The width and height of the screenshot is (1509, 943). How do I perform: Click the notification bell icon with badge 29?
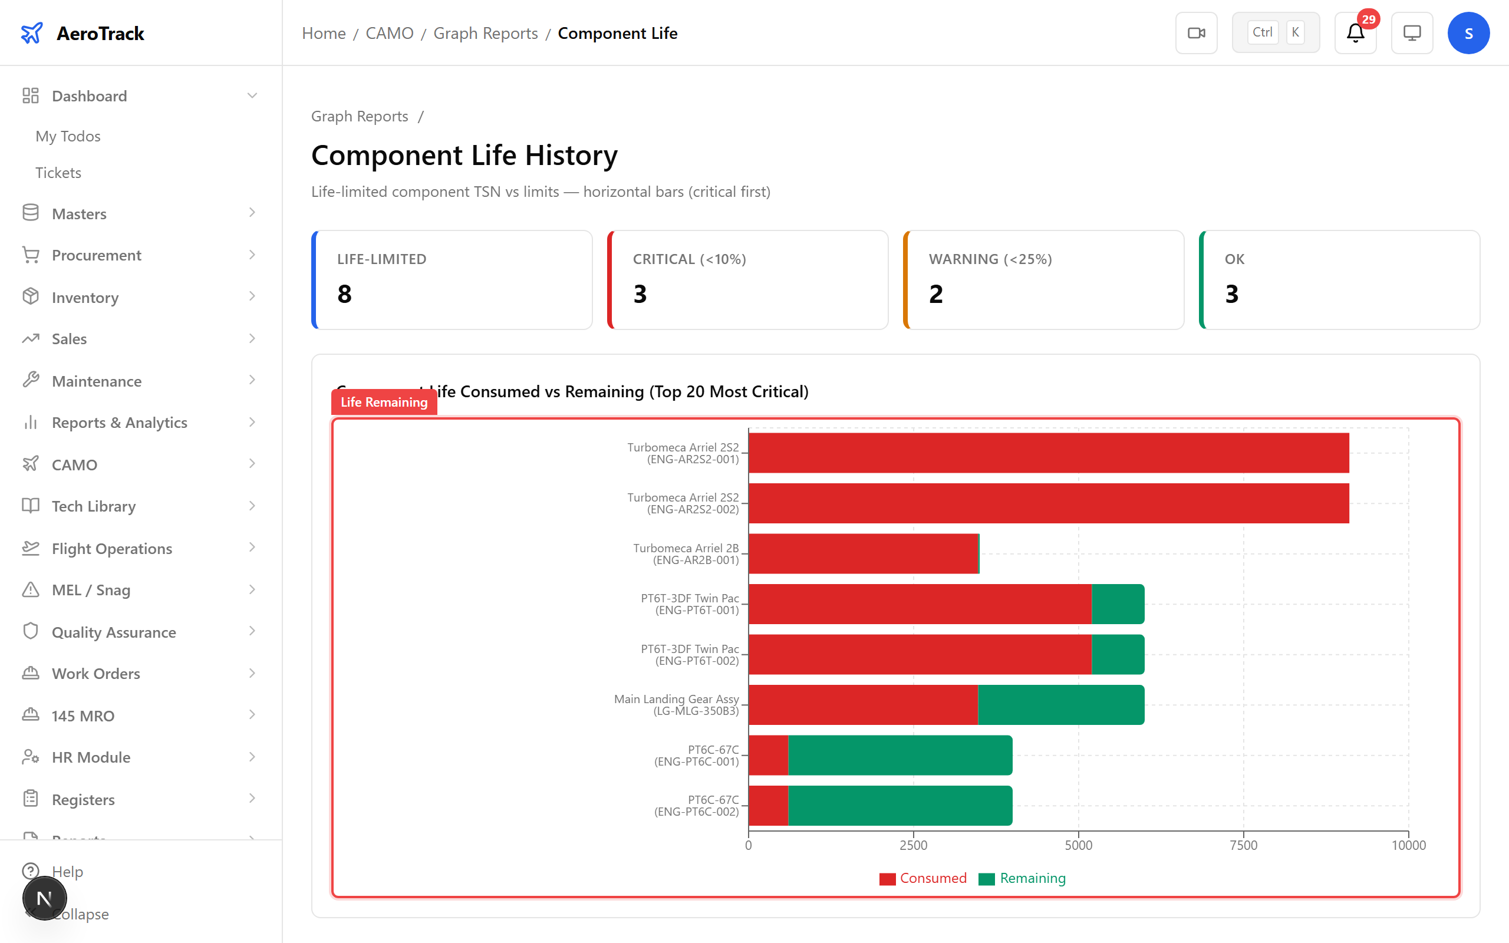[x=1355, y=33]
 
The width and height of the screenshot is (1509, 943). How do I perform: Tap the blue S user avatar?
[x=1468, y=33]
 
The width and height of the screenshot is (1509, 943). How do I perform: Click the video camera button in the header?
[x=1196, y=33]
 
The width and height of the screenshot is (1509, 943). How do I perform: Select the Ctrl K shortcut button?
[x=1275, y=33]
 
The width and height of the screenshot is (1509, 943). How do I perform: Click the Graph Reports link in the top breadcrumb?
[x=485, y=33]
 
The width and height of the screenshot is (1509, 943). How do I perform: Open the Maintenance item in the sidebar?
[x=97, y=381]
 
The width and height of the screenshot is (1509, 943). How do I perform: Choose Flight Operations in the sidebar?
[x=111, y=548]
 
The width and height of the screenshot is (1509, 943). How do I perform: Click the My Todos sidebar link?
[x=68, y=136]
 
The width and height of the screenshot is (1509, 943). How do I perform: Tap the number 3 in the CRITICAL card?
[x=640, y=294]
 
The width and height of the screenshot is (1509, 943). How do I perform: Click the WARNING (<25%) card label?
[x=990, y=259]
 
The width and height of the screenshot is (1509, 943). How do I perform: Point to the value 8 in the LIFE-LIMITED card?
[x=344, y=294]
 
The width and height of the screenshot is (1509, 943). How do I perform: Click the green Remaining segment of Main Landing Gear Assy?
[x=1060, y=705]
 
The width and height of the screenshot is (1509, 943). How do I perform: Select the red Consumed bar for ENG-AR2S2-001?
[x=1048, y=453]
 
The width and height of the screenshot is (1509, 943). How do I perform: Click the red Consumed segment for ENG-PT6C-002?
[x=768, y=805]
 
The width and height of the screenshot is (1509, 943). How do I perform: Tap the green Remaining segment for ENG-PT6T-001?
[x=1118, y=604]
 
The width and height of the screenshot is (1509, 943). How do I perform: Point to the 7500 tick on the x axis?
[x=1243, y=845]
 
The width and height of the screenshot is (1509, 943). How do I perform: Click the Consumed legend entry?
[x=923, y=878]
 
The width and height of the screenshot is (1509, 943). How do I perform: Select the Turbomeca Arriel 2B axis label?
[x=686, y=554]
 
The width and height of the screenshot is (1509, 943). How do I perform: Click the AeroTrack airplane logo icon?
[x=32, y=33]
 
